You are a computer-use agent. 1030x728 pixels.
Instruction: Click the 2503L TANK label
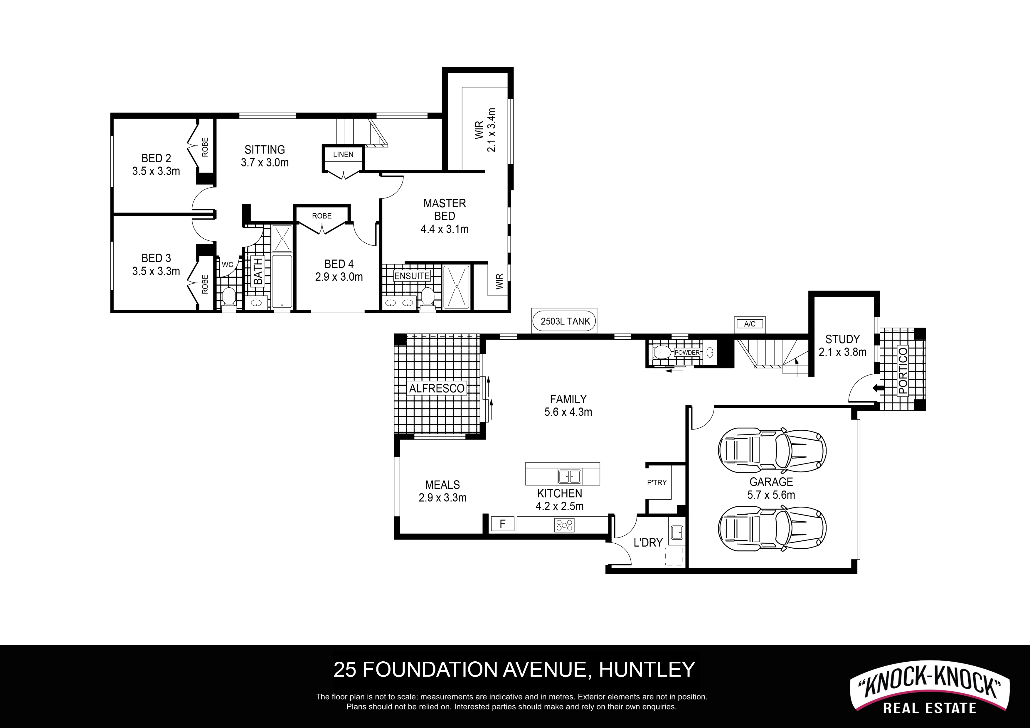pos(565,321)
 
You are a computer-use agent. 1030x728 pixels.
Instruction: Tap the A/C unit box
pos(750,324)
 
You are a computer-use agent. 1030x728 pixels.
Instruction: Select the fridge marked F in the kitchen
pos(502,524)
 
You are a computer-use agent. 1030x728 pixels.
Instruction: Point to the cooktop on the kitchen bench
pos(564,525)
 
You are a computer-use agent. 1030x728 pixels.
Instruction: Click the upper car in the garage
pos(772,450)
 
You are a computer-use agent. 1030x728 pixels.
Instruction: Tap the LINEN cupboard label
pos(343,154)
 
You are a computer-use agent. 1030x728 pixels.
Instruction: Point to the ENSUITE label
pos(412,276)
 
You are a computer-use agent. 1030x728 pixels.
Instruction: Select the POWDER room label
pos(687,353)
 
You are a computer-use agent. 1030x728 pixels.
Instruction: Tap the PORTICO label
pos(903,370)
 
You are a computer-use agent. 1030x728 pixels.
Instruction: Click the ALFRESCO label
pos(437,388)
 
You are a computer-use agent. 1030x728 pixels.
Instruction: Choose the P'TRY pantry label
pos(657,483)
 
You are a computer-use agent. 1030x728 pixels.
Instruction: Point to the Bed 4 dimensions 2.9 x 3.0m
pos(339,277)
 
